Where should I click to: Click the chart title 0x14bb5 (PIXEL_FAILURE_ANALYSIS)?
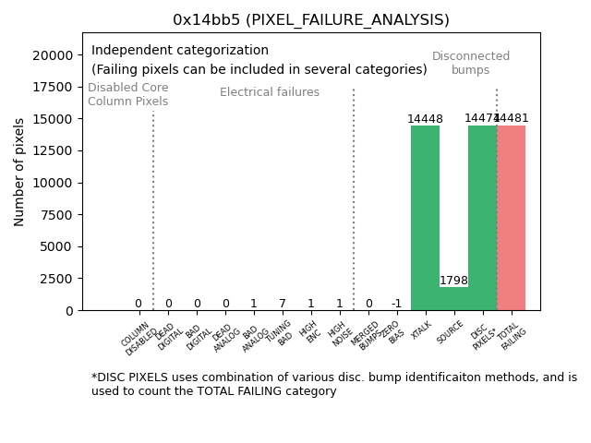click(310, 19)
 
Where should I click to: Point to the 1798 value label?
click(453, 281)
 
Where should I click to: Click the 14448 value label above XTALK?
click(425, 119)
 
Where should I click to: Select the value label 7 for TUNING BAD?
click(282, 304)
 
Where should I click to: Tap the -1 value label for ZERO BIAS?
click(396, 304)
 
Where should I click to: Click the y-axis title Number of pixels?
click(19, 172)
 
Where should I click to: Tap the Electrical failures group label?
click(270, 92)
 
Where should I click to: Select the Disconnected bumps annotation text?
click(471, 63)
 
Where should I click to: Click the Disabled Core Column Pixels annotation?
click(127, 94)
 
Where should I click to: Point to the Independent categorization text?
click(180, 51)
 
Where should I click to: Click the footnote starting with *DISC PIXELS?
click(333, 384)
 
